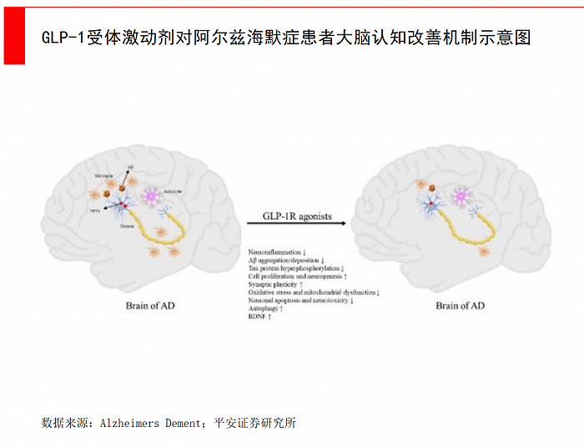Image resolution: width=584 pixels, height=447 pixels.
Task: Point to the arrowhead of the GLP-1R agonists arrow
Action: (345, 225)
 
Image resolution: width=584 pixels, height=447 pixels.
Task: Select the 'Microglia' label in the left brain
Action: (105, 177)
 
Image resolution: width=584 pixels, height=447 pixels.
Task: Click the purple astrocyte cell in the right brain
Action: (461, 197)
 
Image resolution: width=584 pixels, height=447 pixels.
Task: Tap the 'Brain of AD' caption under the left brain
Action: (150, 306)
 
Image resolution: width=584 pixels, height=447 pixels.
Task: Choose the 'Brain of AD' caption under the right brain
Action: (460, 306)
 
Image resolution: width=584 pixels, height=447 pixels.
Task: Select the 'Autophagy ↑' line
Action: (266, 309)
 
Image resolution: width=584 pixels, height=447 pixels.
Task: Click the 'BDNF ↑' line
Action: (259, 317)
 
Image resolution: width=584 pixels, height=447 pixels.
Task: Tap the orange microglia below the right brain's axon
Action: (484, 251)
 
